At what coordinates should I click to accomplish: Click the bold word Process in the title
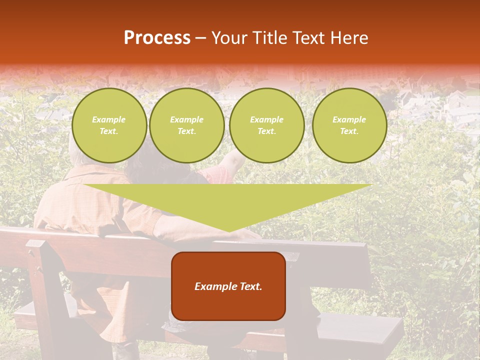[157, 38]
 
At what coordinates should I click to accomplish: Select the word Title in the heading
[269, 38]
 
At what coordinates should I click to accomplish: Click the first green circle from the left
[109, 125]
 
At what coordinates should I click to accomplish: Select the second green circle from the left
[187, 125]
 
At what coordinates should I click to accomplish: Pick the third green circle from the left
[266, 125]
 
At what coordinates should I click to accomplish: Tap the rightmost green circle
[349, 125]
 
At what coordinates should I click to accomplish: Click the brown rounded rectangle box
[228, 286]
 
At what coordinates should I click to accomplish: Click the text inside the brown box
[228, 286]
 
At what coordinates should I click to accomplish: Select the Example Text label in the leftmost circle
[109, 125]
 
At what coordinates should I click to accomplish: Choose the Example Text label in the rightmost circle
[349, 125]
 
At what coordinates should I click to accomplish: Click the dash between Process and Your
[200, 38]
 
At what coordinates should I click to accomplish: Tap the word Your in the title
[229, 38]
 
